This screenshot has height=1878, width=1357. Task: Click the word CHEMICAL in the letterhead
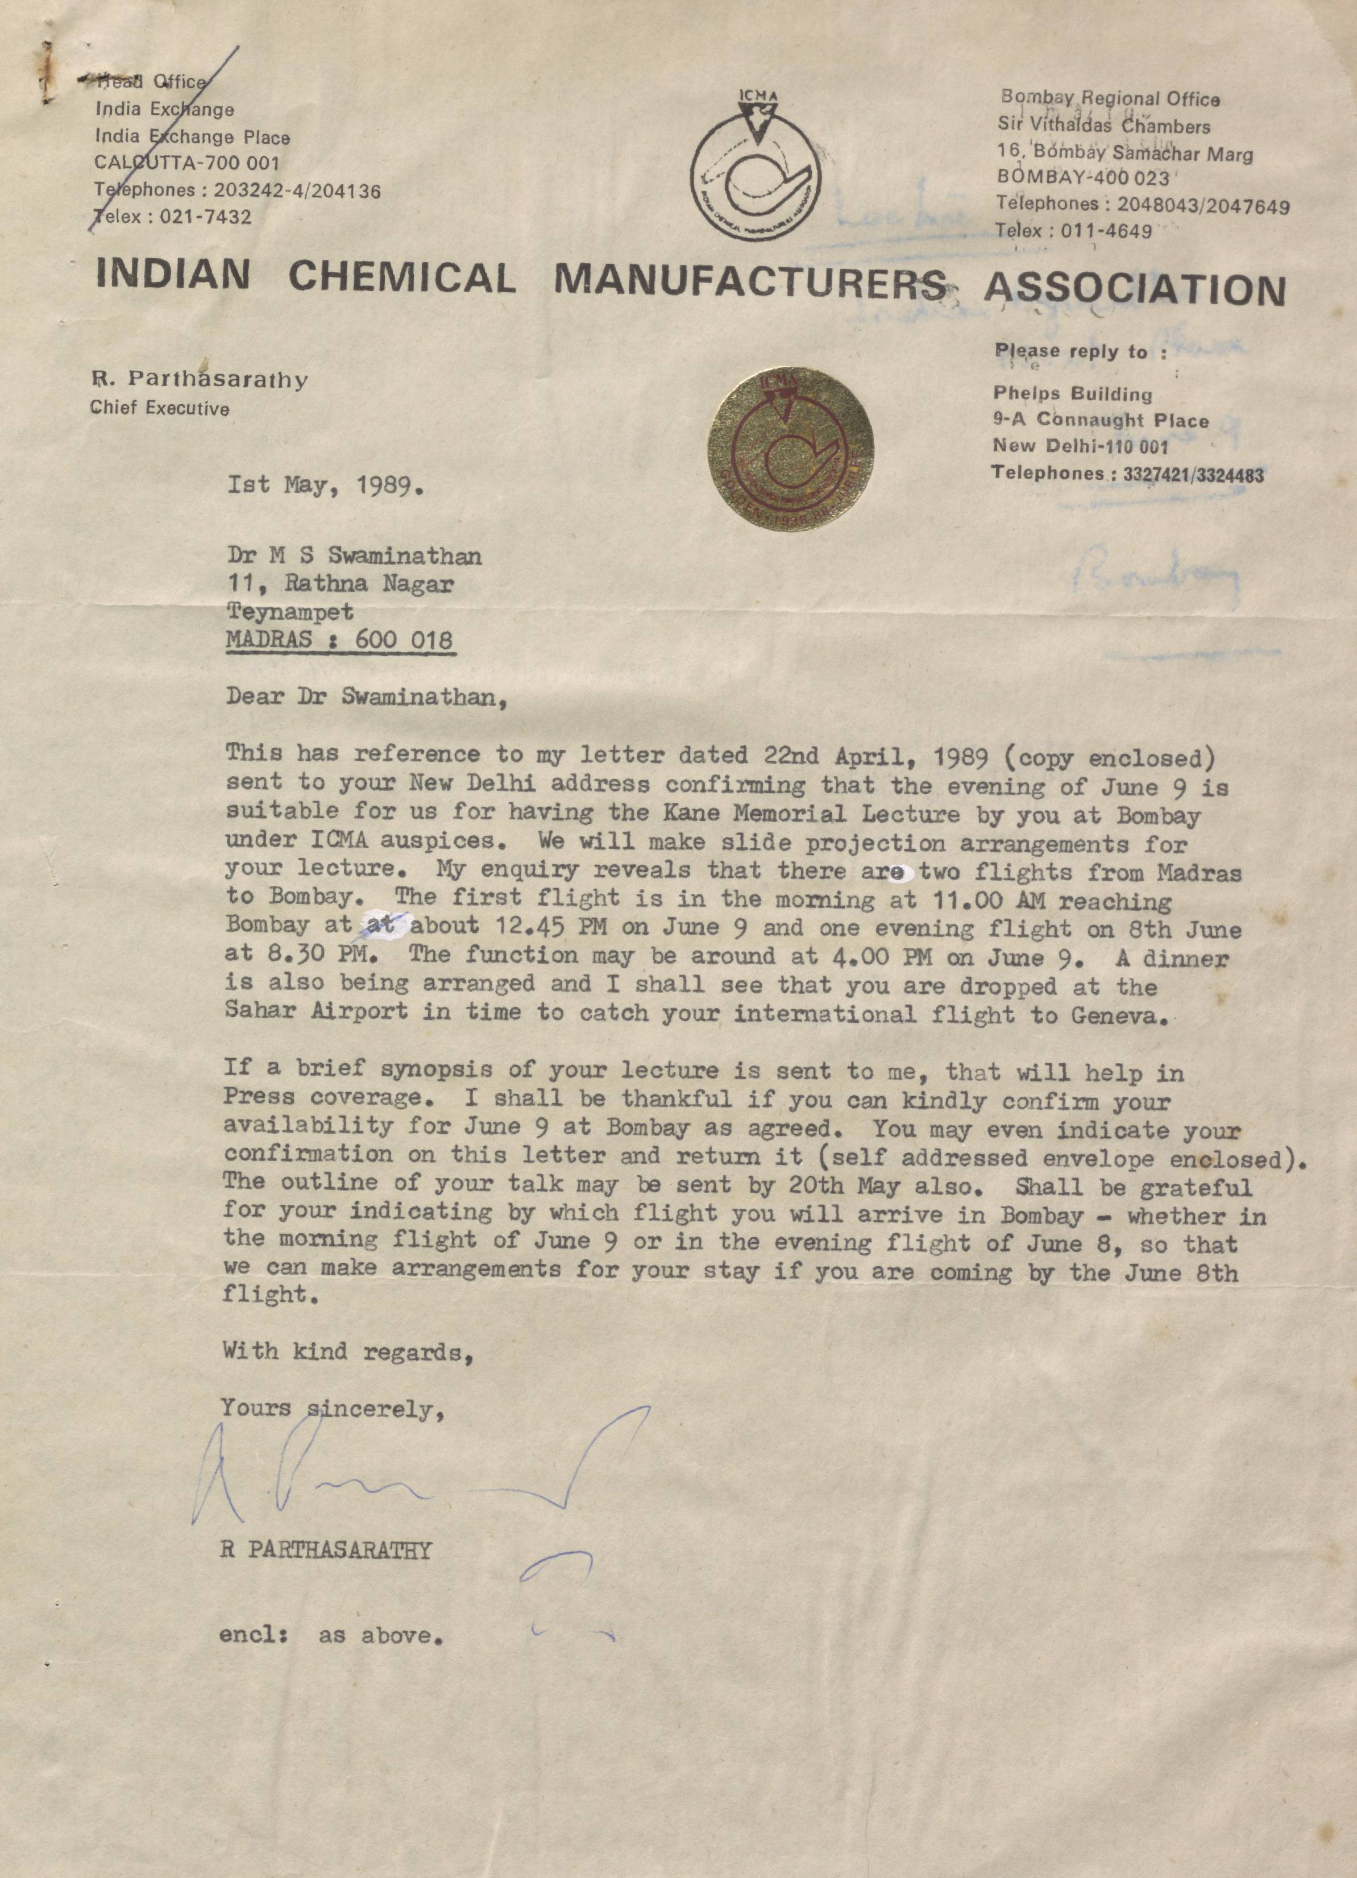pos(402,277)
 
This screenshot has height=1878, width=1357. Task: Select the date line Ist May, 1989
pos(327,484)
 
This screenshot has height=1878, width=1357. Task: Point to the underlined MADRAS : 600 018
pos(341,640)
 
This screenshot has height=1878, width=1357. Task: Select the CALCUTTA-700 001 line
pos(188,164)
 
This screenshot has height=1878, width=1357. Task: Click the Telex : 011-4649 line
pos(1074,231)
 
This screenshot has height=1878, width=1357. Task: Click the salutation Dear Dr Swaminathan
pos(365,697)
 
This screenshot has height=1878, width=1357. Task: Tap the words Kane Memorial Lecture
pos(811,815)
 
